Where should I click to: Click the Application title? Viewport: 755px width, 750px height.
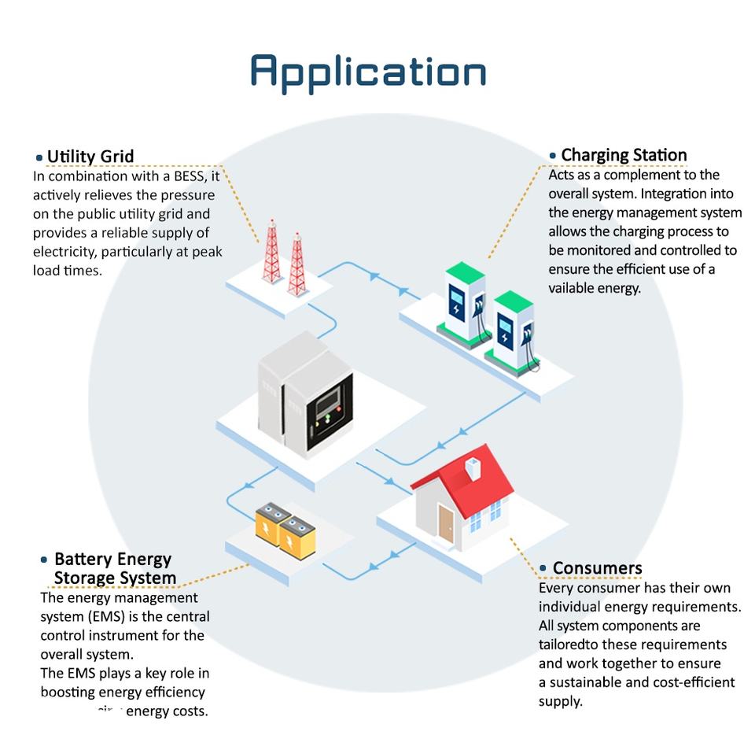[x=368, y=72]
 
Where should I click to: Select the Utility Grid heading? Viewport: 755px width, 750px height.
[x=90, y=156]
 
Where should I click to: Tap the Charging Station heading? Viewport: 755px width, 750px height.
[x=624, y=155]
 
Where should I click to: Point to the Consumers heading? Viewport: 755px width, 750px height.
[x=597, y=568]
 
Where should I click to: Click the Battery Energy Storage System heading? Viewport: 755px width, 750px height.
[x=113, y=568]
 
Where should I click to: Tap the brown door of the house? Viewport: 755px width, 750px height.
[x=446, y=523]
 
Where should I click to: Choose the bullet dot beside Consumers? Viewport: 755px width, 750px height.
[x=543, y=568]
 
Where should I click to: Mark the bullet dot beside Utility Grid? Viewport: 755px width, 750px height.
[x=39, y=157]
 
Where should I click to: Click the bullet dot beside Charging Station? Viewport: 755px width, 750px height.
[x=553, y=156]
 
